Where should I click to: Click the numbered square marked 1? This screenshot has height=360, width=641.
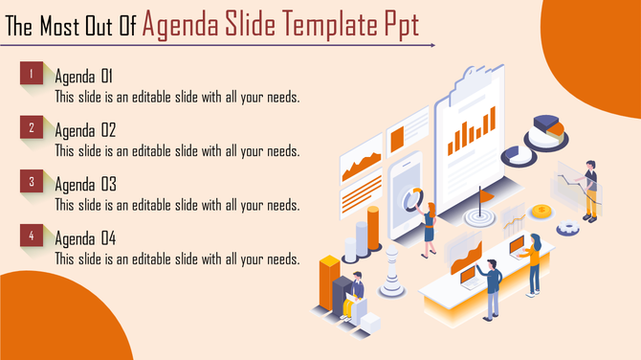pyautogui.click(x=32, y=73)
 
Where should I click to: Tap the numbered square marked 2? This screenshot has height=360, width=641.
pyautogui.click(x=32, y=127)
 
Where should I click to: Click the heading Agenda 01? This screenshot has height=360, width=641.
pyautogui.click(x=85, y=77)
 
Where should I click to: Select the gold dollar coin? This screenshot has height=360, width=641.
pyautogui.click(x=542, y=211)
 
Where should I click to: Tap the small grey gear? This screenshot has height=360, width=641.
pyautogui.click(x=566, y=228)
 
